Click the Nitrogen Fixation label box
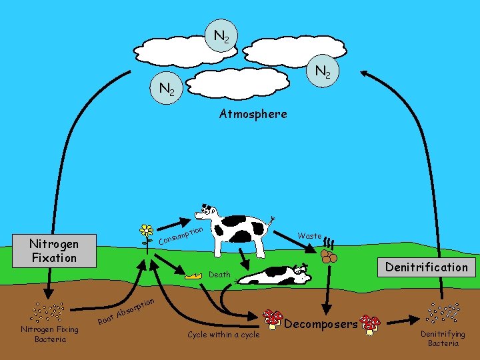(x=54, y=251)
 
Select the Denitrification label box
(x=427, y=267)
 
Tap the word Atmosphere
(x=253, y=114)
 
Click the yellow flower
(x=146, y=231)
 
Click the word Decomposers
(x=321, y=324)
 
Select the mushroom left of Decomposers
(x=272, y=319)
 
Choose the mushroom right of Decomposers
(x=370, y=324)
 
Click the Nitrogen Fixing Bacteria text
(x=50, y=334)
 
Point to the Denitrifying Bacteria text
(x=443, y=339)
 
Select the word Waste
(x=309, y=236)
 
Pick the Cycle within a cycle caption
(x=223, y=335)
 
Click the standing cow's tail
(x=272, y=222)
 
